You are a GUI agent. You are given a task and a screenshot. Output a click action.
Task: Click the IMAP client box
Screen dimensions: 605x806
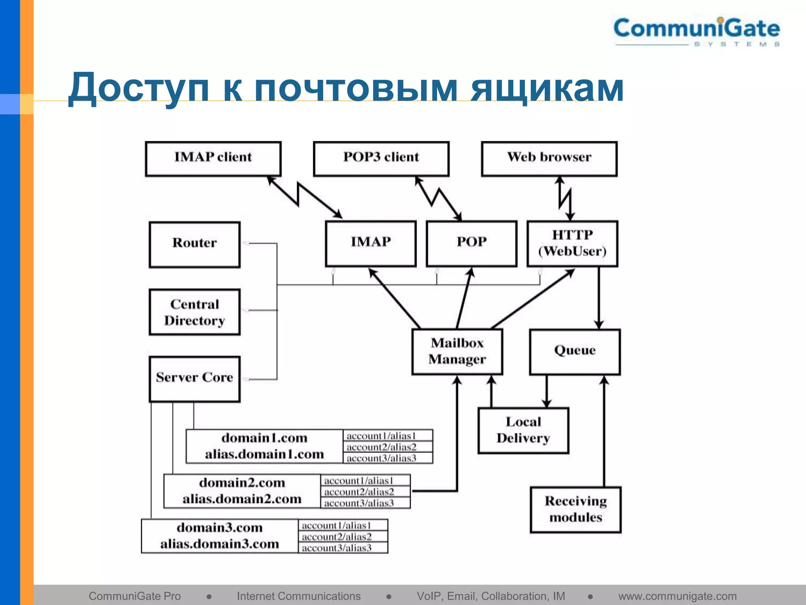(x=213, y=158)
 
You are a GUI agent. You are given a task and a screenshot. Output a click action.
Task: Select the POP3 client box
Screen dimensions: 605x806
(x=381, y=158)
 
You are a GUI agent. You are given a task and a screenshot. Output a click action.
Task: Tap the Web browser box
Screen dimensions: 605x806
(x=549, y=158)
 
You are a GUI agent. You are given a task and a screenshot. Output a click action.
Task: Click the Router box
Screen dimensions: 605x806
(x=194, y=244)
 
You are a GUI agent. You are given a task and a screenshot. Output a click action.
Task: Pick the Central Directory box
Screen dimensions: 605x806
(x=194, y=312)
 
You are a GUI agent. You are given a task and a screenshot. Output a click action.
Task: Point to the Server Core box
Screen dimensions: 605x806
(x=194, y=379)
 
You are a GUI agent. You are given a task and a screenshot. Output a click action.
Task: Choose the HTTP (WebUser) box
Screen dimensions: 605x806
(x=572, y=243)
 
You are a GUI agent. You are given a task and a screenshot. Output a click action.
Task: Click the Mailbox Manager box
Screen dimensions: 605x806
(x=457, y=351)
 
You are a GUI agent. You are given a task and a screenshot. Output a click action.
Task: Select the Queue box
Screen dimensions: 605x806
(x=575, y=351)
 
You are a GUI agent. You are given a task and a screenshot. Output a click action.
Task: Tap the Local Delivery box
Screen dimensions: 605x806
(x=523, y=430)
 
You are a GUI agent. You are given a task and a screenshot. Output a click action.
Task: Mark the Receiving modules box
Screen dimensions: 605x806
(x=575, y=509)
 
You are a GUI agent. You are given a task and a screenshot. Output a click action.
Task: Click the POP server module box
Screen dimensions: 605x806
(x=471, y=243)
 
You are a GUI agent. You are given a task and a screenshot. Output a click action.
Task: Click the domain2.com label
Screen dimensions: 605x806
(x=242, y=483)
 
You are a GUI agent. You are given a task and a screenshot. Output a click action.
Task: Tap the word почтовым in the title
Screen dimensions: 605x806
(x=356, y=88)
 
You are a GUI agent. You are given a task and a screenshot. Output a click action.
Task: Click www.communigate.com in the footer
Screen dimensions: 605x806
(x=677, y=596)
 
